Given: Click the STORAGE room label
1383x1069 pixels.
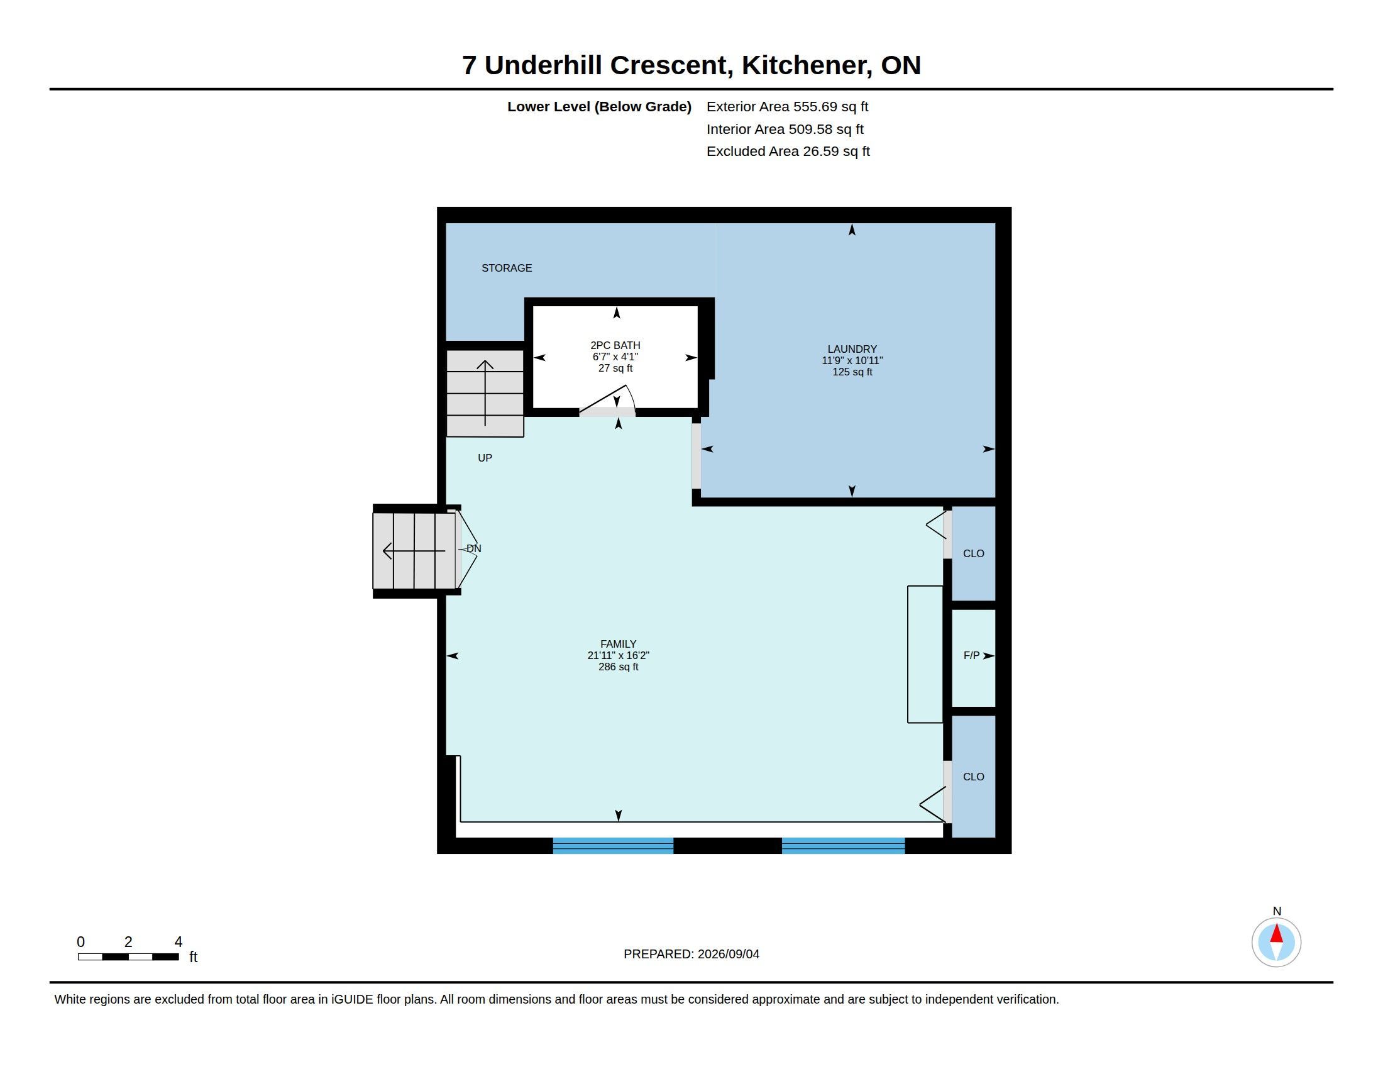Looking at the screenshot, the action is (x=507, y=268).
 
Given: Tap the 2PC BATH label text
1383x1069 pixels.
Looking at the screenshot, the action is (x=615, y=345).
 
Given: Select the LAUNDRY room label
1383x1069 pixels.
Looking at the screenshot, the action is (x=852, y=349).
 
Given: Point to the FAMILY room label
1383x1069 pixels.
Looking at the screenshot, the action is (x=618, y=644).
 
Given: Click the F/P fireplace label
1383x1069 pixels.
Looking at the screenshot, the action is (x=971, y=655).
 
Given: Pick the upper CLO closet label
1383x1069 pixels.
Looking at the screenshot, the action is (x=973, y=553).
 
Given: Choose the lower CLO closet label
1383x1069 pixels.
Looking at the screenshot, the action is (x=973, y=777).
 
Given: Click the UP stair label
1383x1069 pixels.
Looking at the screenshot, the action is (x=485, y=458).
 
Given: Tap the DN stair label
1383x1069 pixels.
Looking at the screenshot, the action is (x=473, y=548).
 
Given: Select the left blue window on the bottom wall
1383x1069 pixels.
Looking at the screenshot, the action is (x=613, y=845).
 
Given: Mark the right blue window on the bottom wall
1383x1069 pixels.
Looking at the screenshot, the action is (x=843, y=845).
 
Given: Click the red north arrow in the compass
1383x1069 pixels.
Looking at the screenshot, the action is (x=1277, y=933).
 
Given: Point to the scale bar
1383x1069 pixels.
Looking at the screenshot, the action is (x=128, y=956).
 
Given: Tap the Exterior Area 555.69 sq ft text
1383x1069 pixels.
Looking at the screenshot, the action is (x=787, y=106).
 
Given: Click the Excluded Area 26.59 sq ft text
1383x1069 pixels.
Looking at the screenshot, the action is (x=788, y=152).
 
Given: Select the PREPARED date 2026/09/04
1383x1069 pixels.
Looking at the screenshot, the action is (x=728, y=954).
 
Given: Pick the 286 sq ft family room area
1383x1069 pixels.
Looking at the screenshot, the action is (x=618, y=667).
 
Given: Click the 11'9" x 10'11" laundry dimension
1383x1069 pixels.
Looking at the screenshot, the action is (x=852, y=360).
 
